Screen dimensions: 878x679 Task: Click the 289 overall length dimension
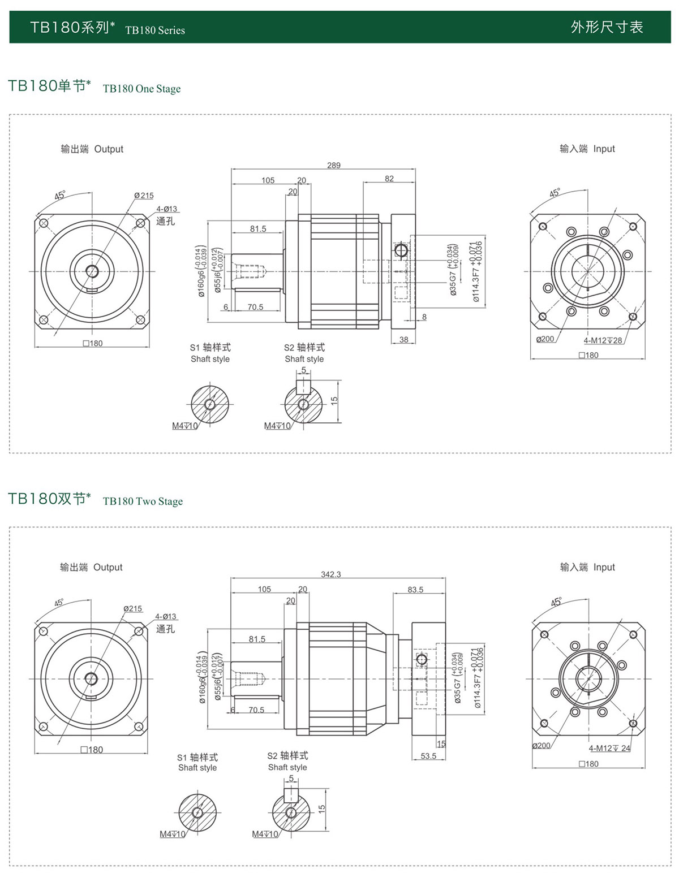(x=334, y=165)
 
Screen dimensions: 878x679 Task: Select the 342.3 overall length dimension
(x=331, y=574)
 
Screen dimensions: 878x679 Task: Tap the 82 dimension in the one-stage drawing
(x=389, y=179)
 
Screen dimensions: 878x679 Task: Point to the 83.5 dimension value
(x=415, y=589)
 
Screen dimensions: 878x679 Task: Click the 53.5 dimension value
(x=428, y=756)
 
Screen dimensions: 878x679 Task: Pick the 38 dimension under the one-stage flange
(x=403, y=340)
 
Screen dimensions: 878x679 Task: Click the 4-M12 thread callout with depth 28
(x=603, y=340)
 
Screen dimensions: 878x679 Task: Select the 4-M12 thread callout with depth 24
(x=609, y=748)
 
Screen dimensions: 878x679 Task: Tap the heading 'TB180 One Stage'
(x=141, y=89)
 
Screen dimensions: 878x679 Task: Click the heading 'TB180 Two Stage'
(x=143, y=501)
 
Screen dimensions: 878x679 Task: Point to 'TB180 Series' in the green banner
(x=155, y=31)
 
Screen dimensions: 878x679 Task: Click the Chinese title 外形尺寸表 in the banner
(x=607, y=27)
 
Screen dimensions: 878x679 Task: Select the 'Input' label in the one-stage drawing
(x=604, y=149)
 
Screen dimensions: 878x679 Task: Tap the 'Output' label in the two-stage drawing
(x=108, y=567)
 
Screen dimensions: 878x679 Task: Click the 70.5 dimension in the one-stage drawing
(x=255, y=307)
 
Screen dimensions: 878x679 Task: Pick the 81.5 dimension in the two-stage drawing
(x=257, y=639)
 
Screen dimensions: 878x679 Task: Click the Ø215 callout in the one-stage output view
(x=144, y=196)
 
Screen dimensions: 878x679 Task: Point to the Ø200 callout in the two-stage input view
(x=541, y=746)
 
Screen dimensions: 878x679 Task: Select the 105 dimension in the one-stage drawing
(x=268, y=180)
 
